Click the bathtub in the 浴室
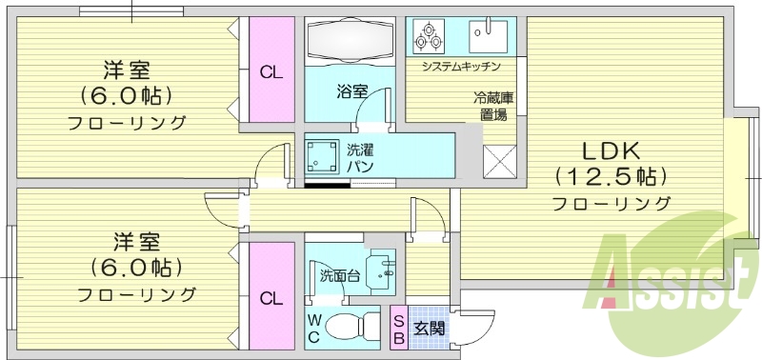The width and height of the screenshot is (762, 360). click(x=350, y=40)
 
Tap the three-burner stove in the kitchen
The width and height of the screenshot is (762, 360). click(x=430, y=36)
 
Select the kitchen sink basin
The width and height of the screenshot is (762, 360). click(x=488, y=36)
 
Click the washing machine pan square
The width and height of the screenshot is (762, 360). click(x=322, y=155)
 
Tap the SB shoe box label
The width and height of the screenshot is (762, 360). click(x=399, y=330)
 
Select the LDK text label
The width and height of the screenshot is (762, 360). click(x=610, y=153)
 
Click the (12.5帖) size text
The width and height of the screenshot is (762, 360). click(x=610, y=177)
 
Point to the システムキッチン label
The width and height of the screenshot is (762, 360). click(x=461, y=66)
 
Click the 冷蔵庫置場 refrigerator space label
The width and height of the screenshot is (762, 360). click(x=494, y=106)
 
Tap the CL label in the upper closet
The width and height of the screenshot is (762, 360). click(x=271, y=73)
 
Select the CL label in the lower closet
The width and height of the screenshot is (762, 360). click(x=271, y=298)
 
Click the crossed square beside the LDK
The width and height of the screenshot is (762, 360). click(x=499, y=162)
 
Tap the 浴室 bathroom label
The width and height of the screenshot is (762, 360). click(x=352, y=91)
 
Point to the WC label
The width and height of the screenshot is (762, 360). click(x=314, y=328)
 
